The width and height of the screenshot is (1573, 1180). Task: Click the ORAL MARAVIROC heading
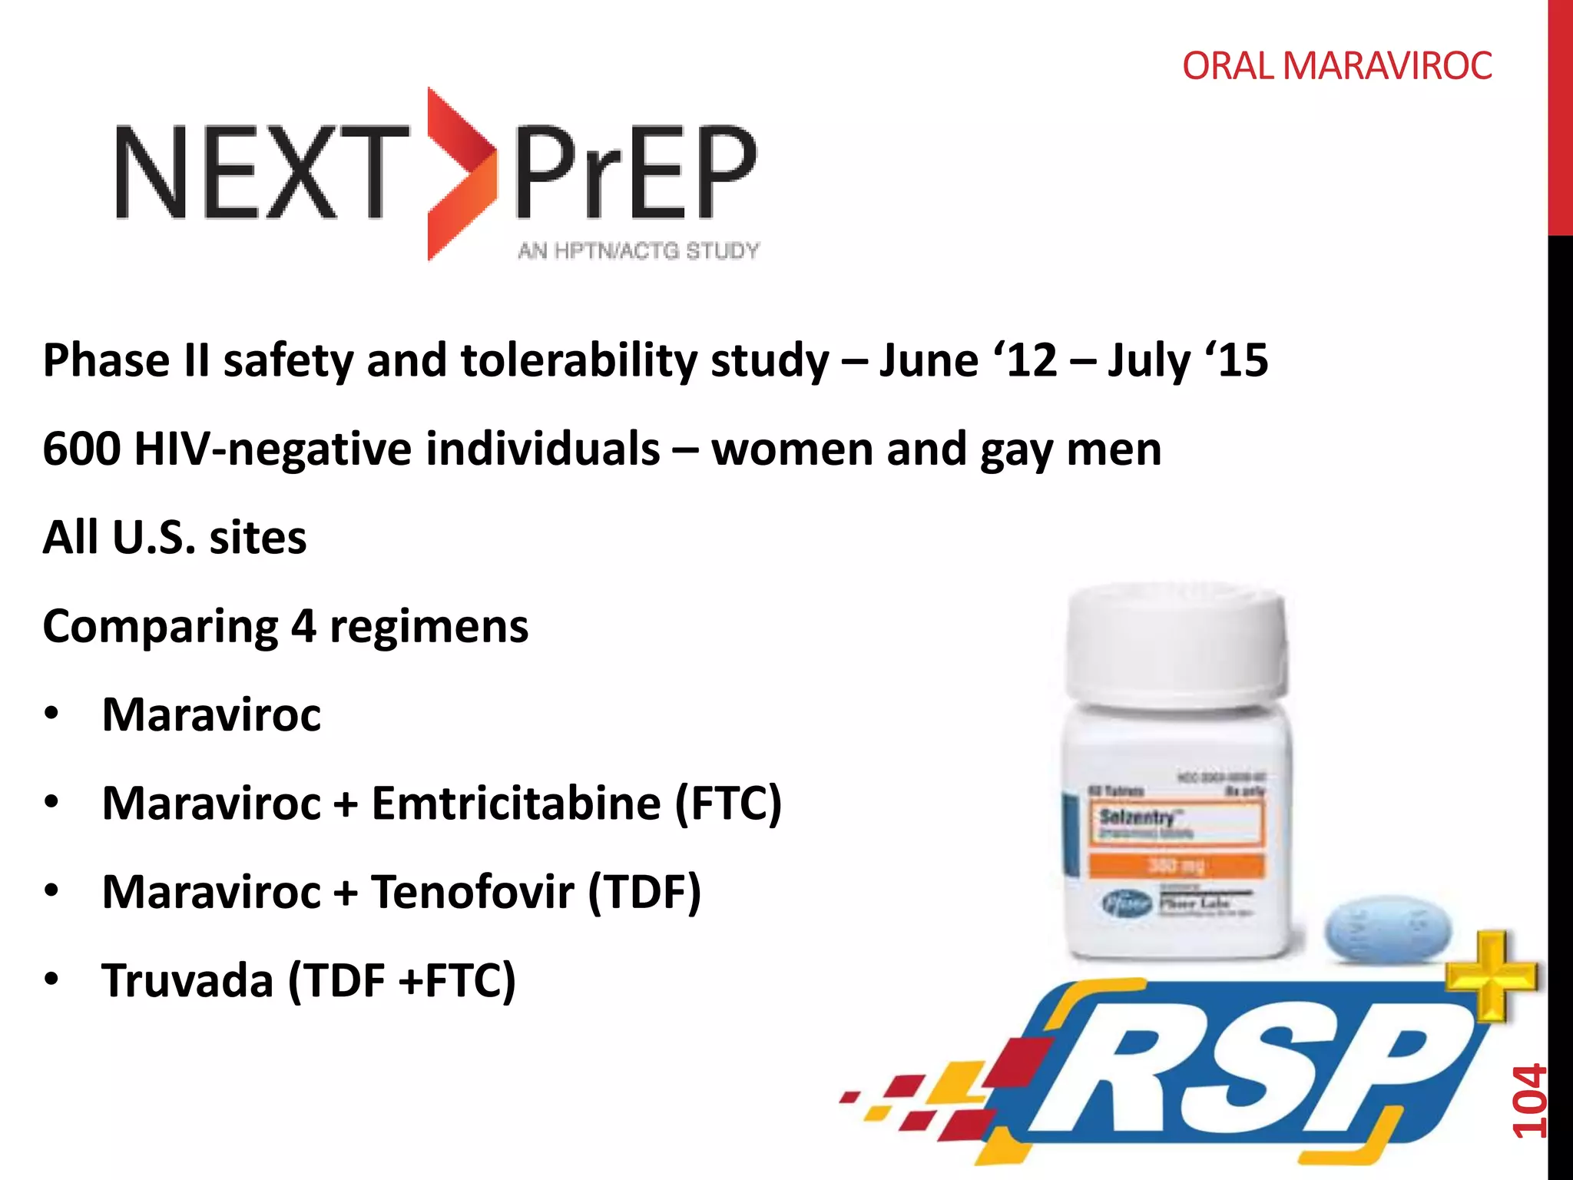(x=1336, y=66)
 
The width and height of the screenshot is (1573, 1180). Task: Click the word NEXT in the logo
(x=261, y=172)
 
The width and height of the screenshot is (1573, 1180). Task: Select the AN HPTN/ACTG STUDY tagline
(x=638, y=250)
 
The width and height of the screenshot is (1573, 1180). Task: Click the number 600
(x=81, y=449)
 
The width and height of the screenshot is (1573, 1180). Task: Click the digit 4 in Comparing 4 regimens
(x=303, y=626)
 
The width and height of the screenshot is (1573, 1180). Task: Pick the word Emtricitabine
(x=516, y=804)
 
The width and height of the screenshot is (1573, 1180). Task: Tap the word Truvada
(x=187, y=981)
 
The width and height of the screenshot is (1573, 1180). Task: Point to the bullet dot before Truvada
(x=51, y=979)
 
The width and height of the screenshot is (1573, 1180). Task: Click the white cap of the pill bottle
(x=1175, y=641)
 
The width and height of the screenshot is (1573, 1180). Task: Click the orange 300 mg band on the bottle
(x=1175, y=866)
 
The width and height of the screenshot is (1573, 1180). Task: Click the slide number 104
(x=1528, y=1100)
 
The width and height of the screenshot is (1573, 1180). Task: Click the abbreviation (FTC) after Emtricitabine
(x=728, y=804)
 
